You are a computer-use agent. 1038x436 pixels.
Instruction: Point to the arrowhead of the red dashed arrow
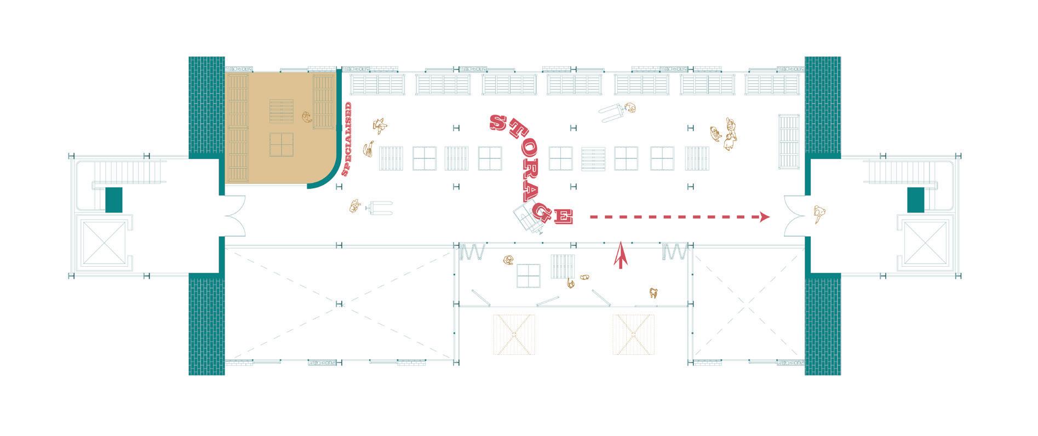pyautogui.click(x=765, y=217)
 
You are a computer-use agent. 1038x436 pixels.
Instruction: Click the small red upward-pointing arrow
pyautogui.click(x=620, y=255)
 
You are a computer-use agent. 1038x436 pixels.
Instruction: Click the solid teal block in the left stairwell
pyautogui.click(x=113, y=199)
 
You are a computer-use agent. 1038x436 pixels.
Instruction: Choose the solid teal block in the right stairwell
pyautogui.click(x=916, y=199)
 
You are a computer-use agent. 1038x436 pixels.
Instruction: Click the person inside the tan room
pyautogui.click(x=307, y=117)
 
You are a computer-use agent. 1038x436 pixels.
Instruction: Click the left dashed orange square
pyautogui.click(x=514, y=335)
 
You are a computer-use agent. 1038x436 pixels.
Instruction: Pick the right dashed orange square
pyautogui.click(x=634, y=335)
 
